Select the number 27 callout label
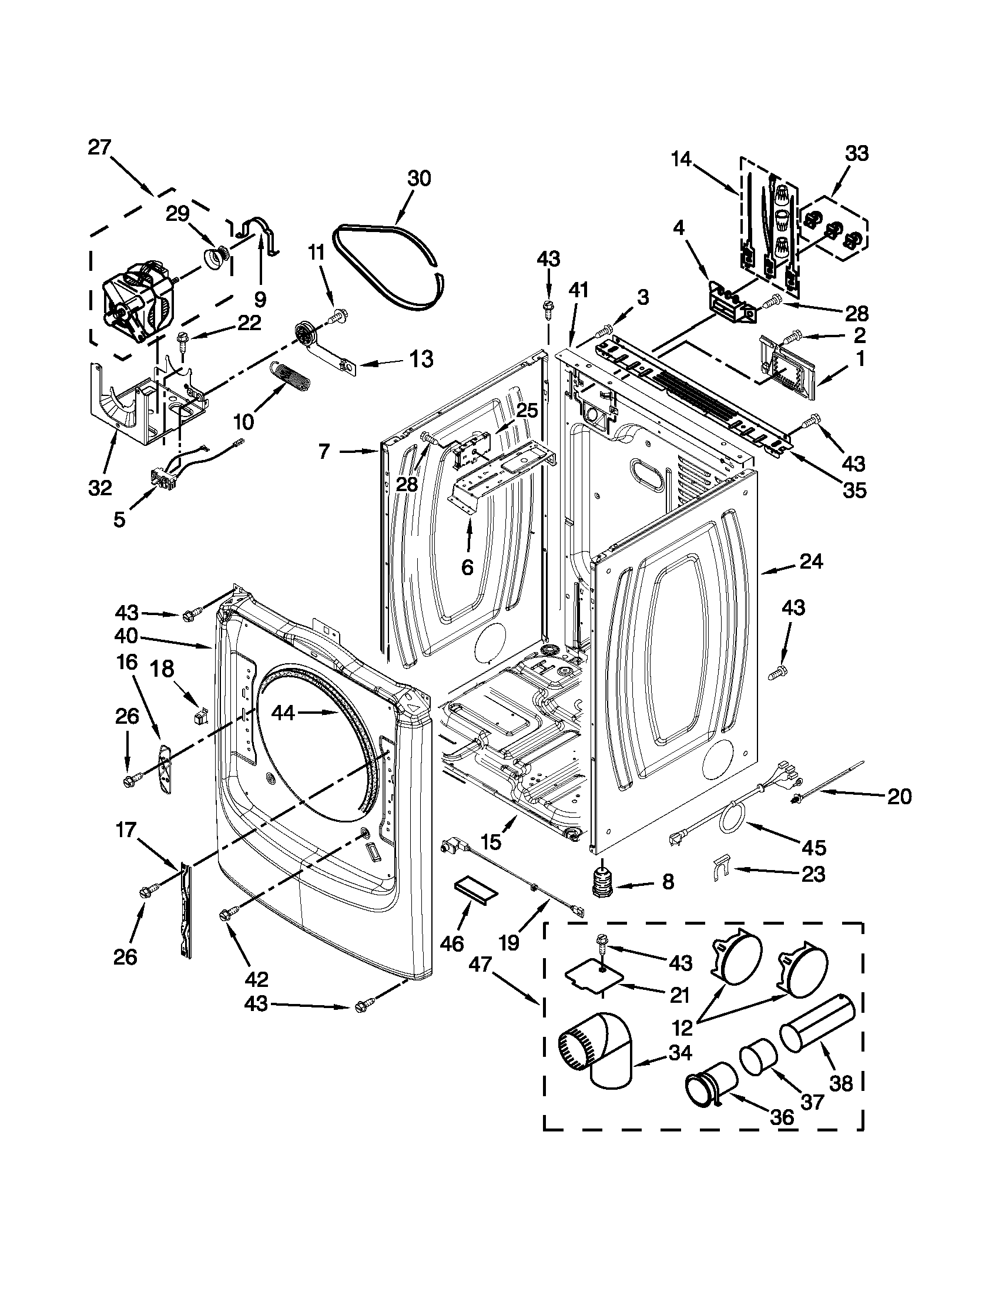pyautogui.click(x=99, y=147)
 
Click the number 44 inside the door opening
pyautogui.click(x=283, y=713)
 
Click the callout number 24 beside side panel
pyautogui.click(x=812, y=560)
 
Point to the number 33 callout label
pyautogui.click(x=856, y=153)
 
